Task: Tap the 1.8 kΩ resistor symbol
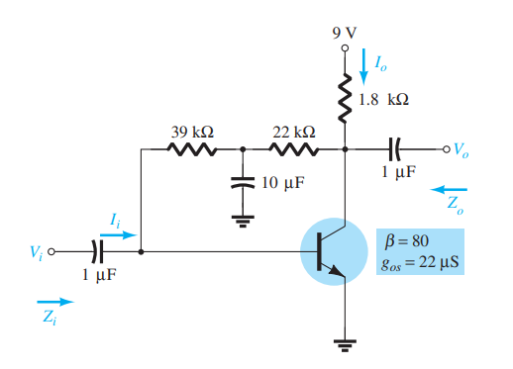(345, 100)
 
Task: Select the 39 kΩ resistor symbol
(193, 150)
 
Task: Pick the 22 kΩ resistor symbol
(293, 150)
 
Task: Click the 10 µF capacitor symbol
(242, 185)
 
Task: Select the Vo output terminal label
(461, 151)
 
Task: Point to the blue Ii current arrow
(118, 237)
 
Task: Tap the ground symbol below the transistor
(345, 344)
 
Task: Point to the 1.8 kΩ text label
(388, 100)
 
